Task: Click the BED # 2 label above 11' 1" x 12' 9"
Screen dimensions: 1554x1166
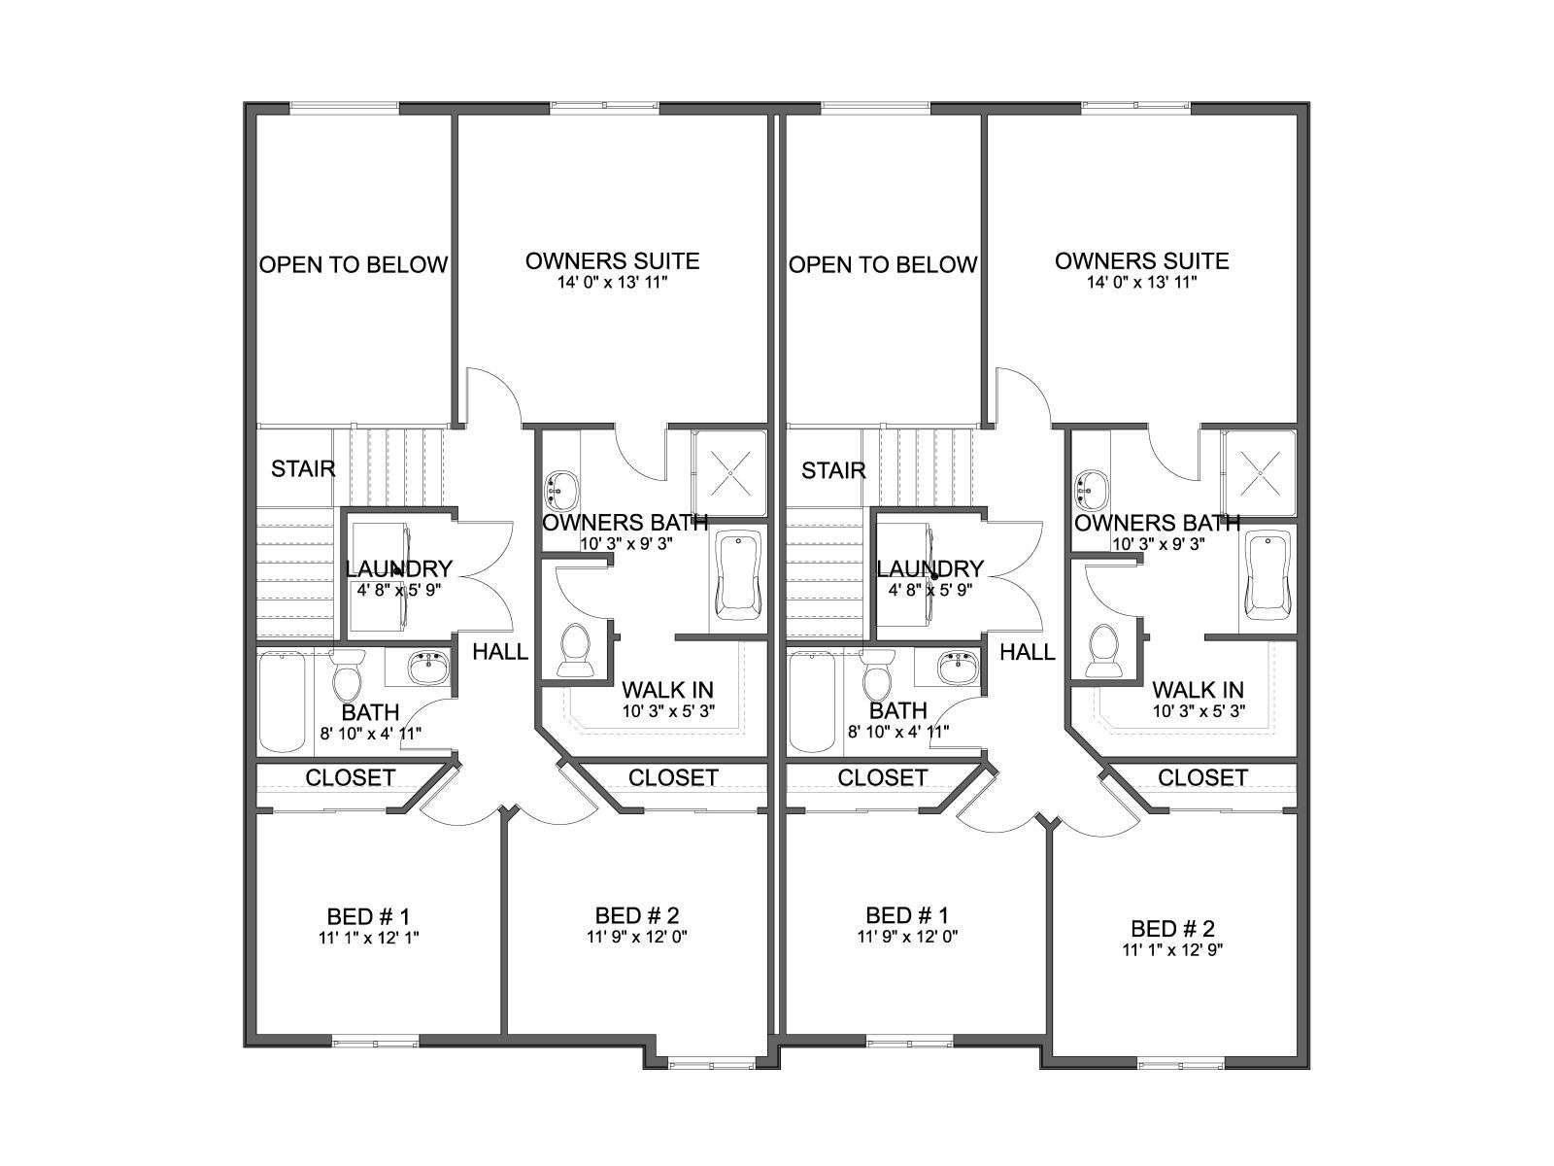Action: click(1172, 928)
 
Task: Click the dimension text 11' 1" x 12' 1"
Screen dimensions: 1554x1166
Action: click(368, 938)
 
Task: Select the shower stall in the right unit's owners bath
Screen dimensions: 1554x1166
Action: click(1259, 473)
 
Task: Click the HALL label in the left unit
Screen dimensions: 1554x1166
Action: click(500, 651)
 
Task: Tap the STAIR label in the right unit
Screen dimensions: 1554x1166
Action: click(833, 470)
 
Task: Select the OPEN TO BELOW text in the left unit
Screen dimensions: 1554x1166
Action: click(354, 264)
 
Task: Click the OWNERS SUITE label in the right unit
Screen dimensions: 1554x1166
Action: click(1142, 261)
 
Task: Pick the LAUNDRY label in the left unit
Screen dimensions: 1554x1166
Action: click(398, 568)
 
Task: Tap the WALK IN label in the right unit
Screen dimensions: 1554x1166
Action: click(1198, 690)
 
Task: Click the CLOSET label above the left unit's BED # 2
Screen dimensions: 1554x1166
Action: click(673, 778)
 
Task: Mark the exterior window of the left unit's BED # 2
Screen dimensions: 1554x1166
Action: click(712, 1063)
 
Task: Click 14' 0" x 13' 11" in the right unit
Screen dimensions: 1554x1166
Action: click(1142, 283)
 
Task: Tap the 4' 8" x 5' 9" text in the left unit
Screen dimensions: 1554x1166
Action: click(399, 590)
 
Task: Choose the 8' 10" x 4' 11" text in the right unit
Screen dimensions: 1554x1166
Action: click(898, 732)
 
